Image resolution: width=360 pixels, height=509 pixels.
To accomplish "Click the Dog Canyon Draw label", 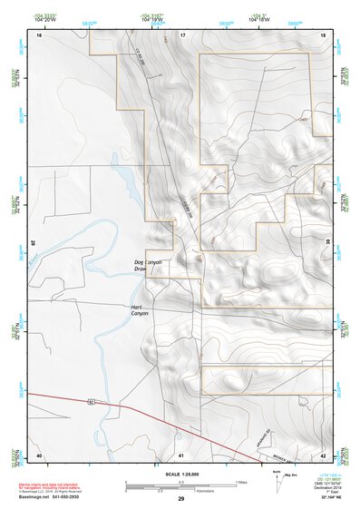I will (x=146, y=265).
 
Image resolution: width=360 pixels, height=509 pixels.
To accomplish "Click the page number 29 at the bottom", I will (x=180, y=500).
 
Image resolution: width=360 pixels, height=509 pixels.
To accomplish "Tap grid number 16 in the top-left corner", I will (x=39, y=34).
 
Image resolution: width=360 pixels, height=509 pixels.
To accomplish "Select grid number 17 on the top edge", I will (x=182, y=34).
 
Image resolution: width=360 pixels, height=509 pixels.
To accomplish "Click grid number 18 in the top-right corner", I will (x=323, y=34).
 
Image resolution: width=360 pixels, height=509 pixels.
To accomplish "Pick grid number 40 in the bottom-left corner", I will (x=38, y=455).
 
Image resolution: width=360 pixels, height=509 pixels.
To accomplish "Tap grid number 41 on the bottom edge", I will (x=181, y=455).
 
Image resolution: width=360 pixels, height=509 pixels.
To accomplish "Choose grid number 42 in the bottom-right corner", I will (x=323, y=455).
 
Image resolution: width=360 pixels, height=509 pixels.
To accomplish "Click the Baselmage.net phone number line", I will (x=54, y=497).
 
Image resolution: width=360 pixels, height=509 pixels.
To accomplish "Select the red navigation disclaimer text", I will (x=54, y=481).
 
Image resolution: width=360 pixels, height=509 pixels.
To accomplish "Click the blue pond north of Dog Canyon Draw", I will (x=129, y=186).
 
